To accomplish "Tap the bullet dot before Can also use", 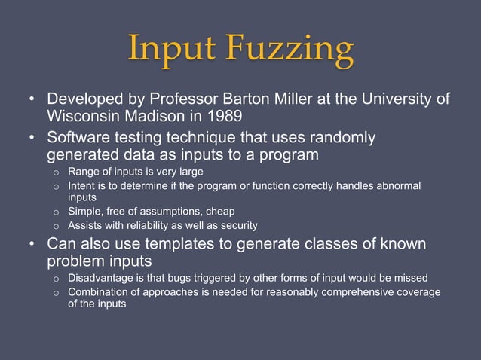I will [x=32, y=245].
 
